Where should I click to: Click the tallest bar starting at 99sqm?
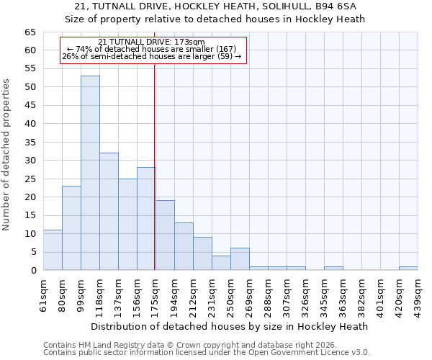tap(90, 173)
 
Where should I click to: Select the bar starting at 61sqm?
tap(53, 250)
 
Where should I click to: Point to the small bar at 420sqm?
tap(408, 268)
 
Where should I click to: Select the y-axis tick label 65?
tap(30, 32)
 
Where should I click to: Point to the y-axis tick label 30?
tap(30, 161)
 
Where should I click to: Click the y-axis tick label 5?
tap(33, 252)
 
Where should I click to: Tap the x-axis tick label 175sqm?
tap(156, 295)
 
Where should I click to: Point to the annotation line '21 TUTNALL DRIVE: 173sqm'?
tap(151, 42)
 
